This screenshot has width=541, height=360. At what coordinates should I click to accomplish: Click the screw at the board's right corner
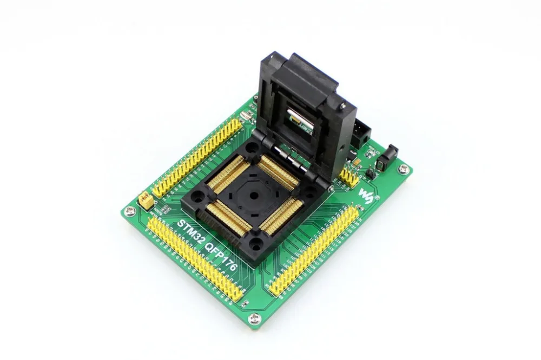pyautogui.click(x=404, y=169)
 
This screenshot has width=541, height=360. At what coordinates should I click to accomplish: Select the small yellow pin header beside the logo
pyautogui.click(x=349, y=176)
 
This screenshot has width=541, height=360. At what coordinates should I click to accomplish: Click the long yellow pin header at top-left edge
pyautogui.click(x=197, y=157)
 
